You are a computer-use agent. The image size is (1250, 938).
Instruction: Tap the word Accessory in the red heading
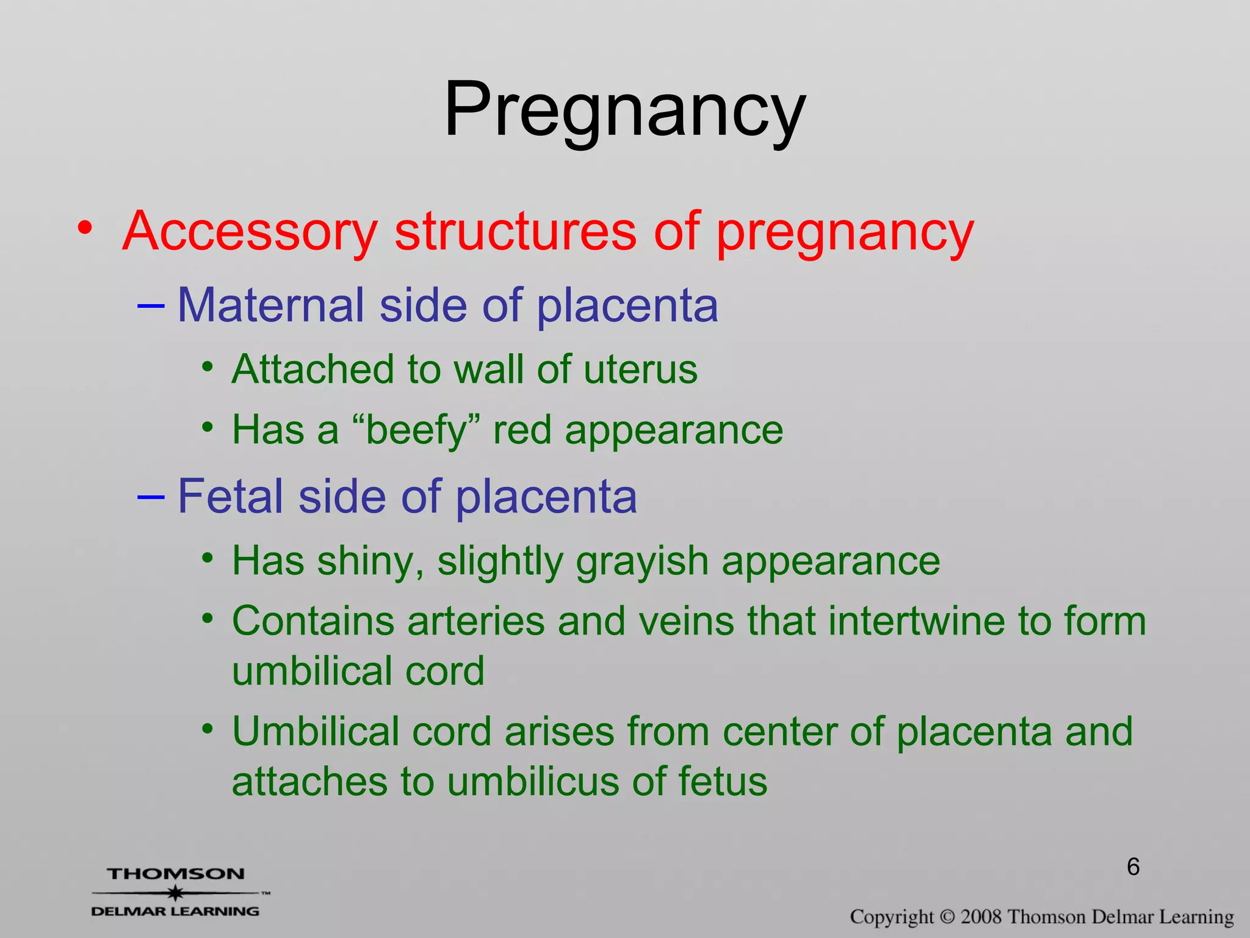point(250,232)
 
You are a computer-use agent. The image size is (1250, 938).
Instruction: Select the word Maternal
point(270,305)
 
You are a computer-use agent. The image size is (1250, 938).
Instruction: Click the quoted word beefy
point(417,431)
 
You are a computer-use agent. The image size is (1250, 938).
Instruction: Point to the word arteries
point(475,622)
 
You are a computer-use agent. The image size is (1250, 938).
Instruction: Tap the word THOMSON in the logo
point(176,874)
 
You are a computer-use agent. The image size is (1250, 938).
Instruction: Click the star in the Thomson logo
point(176,893)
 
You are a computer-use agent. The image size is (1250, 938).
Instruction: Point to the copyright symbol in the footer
point(947,917)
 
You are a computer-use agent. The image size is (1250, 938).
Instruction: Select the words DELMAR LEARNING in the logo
point(175,911)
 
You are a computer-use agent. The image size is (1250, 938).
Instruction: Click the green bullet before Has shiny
point(208,558)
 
